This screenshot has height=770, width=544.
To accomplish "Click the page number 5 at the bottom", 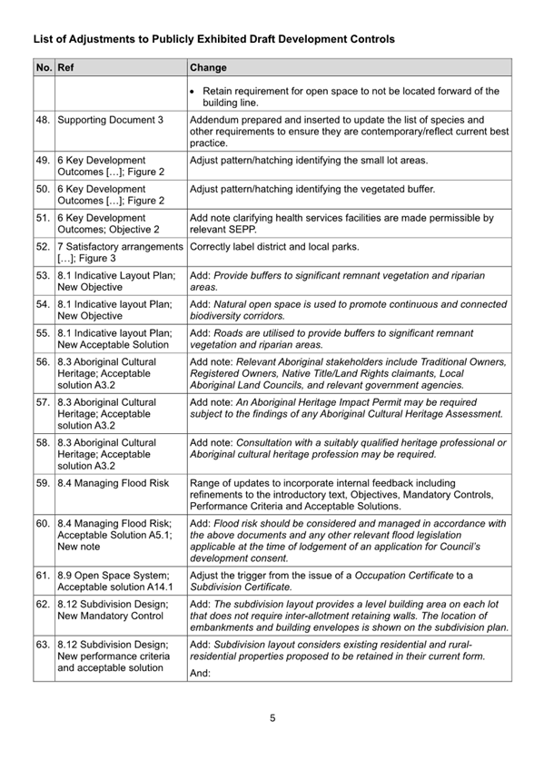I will point(272,718).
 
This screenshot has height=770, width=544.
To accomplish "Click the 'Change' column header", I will point(209,67).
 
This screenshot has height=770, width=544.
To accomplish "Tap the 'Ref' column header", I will point(64,67).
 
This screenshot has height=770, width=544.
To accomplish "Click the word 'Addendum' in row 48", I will point(215,119).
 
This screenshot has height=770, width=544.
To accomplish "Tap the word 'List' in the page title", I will point(44,40).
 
